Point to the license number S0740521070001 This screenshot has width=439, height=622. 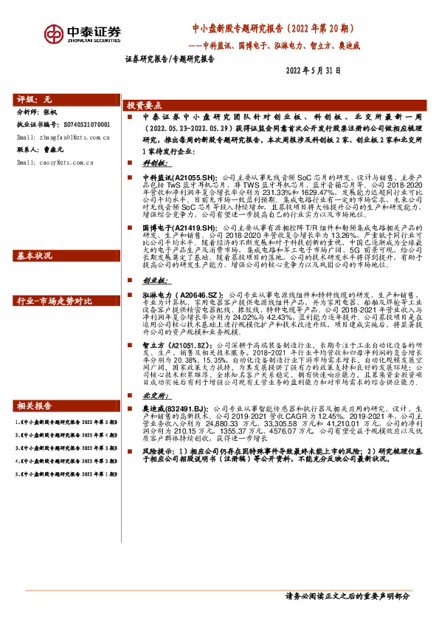[80, 126]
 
